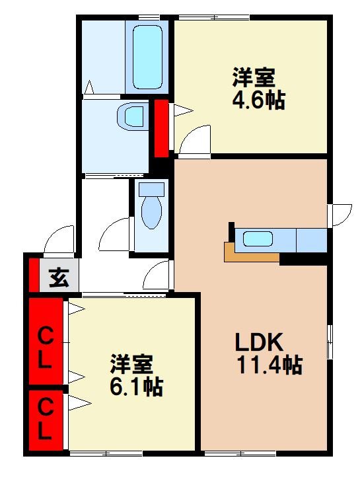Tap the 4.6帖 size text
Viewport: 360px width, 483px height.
[x=258, y=100]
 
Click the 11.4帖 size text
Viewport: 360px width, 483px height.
[x=270, y=365]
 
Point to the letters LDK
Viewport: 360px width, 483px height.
[x=260, y=342]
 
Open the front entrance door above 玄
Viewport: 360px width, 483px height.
[x=58, y=241]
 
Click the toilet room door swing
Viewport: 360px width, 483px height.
[x=115, y=235]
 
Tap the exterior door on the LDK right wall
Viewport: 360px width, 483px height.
[x=340, y=214]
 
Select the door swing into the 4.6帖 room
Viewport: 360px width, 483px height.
[x=195, y=140]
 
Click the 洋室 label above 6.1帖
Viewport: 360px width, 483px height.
[x=131, y=363]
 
